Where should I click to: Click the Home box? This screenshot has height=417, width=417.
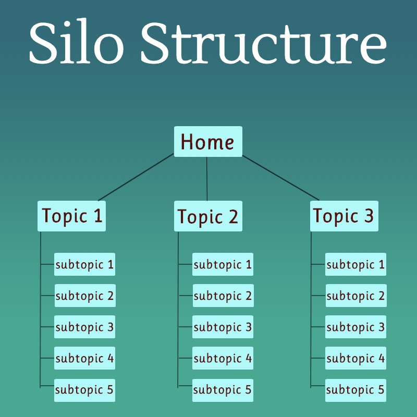tap(208, 141)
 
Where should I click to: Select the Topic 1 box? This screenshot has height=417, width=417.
tap(71, 216)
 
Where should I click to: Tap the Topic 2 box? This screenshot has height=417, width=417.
tap(208, 216)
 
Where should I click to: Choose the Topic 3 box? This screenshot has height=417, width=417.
tap(344, 216)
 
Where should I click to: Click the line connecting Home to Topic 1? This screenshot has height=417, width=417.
tap(136, 177)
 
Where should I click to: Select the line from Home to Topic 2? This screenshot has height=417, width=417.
tap(207, 179)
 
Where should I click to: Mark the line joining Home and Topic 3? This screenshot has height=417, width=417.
tap(280, 178)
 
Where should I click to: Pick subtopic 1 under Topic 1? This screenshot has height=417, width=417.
tap(84, 264)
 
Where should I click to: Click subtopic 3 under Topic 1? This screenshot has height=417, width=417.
tap(84, 327)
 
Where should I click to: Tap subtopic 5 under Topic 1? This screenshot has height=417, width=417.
tap(84, 390)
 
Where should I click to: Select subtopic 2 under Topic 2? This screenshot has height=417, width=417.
tap(223, 296)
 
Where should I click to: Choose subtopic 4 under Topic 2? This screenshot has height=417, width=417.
tap(223, 358)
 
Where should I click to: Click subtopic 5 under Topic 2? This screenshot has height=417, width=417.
tap(223, 390)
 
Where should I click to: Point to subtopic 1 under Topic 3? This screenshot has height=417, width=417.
tap(355, 264)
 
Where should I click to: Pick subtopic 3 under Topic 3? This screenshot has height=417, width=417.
tap(355, 327)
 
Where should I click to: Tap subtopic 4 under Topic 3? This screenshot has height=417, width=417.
tap(355, 358)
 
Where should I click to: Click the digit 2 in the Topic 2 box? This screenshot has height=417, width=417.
tap(233, 216)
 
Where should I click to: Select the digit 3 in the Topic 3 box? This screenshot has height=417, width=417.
tap(369, 215)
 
